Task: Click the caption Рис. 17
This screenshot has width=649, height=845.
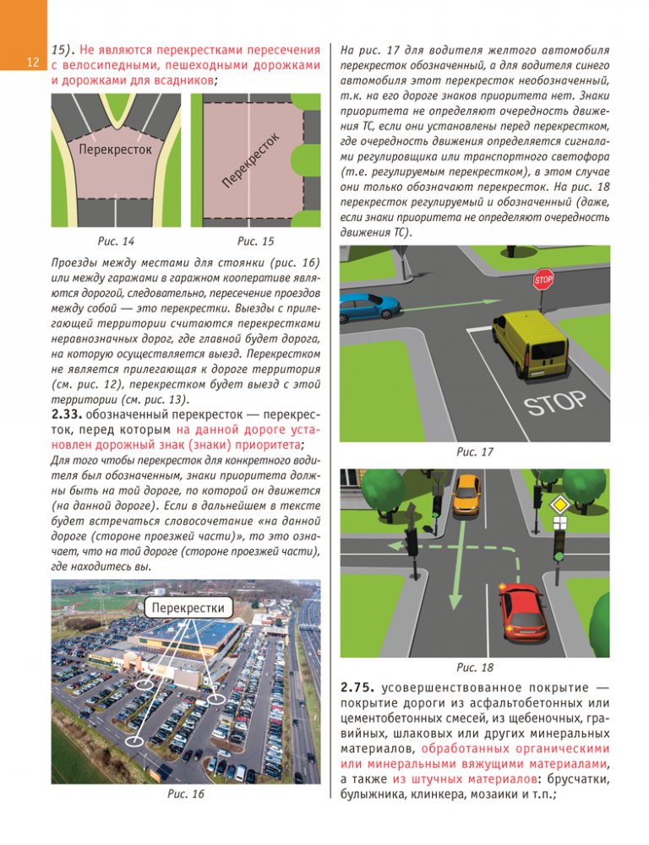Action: pos(474,453)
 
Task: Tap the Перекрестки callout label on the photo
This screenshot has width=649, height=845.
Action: pos(188,607)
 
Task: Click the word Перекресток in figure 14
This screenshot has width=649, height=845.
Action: pos(116,149)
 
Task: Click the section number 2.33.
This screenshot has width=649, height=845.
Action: pos(70,414)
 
